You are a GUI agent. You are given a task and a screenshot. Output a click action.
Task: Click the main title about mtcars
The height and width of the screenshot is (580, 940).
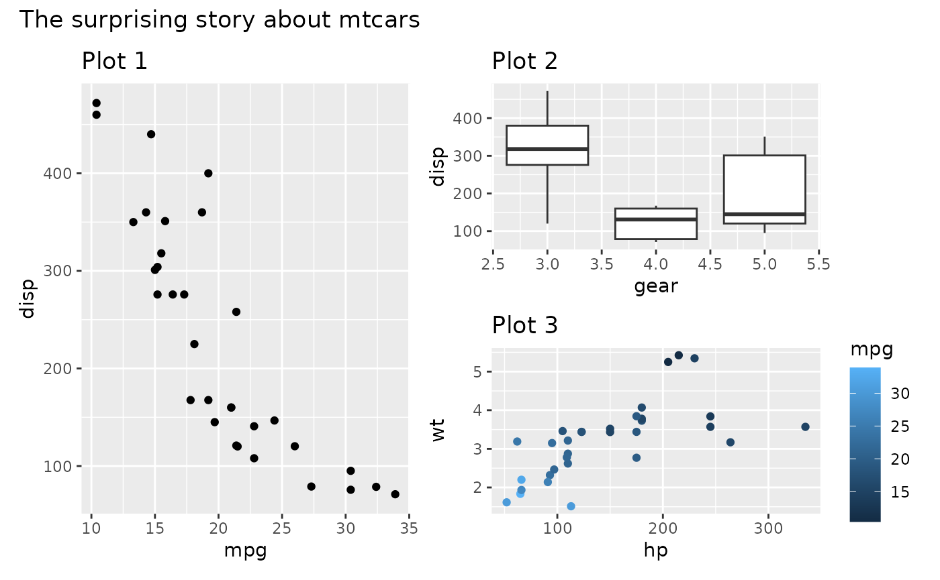click(x=220, y=20)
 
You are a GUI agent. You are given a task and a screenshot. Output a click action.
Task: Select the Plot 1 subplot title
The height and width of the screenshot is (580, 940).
click(x=114, y=62)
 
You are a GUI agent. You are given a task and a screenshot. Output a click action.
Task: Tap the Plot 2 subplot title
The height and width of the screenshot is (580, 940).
click(x=524, y=62)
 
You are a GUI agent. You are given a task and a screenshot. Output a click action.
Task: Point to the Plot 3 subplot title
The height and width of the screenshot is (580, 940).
click(x=524, y=326)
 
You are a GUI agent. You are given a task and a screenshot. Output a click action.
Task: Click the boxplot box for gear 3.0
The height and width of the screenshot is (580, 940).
click(x=547, y=145)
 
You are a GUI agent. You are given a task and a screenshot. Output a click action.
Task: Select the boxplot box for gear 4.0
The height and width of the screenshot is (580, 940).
click(x=656, y=223)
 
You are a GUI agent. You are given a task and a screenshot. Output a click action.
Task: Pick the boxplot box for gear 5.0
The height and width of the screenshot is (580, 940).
click(x=764, y=189)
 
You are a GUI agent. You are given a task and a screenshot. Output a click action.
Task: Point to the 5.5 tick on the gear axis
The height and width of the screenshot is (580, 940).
click(x=818, y=264)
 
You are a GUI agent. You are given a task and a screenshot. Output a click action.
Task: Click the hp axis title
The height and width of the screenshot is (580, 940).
click(x=655, y=551)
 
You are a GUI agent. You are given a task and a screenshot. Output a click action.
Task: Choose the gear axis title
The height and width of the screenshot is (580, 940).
click(x=655, y=287)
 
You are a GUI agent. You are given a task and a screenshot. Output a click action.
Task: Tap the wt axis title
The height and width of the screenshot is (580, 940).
click(x=438, y=430)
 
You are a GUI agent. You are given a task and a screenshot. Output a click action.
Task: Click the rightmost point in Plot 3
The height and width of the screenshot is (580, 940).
click(x=805, y=427)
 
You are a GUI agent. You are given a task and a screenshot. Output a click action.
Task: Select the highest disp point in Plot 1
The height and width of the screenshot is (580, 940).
click(x=96, y=103)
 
